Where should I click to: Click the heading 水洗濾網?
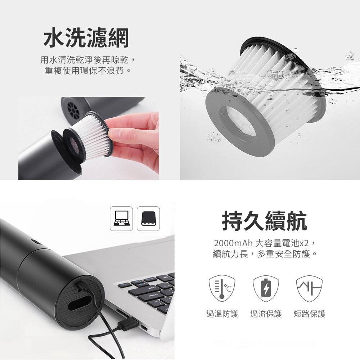(x=86, y=39)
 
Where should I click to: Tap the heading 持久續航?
(x=265, y=221)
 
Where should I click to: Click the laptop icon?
(x=121, y=219)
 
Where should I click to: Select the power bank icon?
(x=148, y=219)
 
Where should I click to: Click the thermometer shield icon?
(x=222, y=288)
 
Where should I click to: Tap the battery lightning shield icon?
(x=266, y=288)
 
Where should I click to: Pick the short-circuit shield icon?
(x=309, y=288)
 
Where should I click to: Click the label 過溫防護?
(x=222, y=314)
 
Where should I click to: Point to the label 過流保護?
(x=266, y=314)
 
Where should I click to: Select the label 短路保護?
(x=310, y=314)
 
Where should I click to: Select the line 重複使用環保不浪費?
(x=87, y=70)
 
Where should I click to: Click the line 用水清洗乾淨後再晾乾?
(x=87, y=59)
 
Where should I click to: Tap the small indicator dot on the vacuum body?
(x=34, y=242)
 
